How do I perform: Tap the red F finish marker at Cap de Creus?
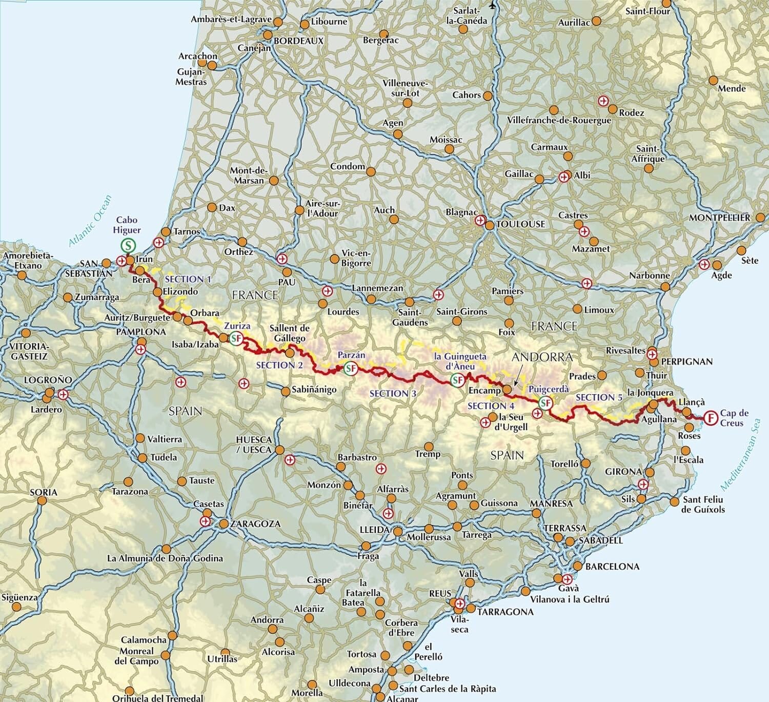pyautogui.click(x=711, y=418)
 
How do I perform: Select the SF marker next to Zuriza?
pyautogui.click(x=236, y=338)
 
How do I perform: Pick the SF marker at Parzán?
pyautogui.click(x=351, y=368)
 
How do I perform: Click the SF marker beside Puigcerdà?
pyautogui.click(x=545, y=403)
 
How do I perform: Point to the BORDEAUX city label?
pyautogui.click(x=299, y=41)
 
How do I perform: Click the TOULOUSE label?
pyautogui.click(x=521, y=224)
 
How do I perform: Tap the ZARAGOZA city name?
pyautogui.click(x=256, y=524)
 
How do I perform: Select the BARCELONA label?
pyautogui.click(x=612, y=567)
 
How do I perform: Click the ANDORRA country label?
pyautogui.click(x=542, y=357)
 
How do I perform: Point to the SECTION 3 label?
pyautogui.click(x=393, y=394)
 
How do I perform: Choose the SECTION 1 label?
pyautogui.click(x=188, y=279)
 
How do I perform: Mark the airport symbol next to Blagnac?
pyautogui.click(x=480, y=221)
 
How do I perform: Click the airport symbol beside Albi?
pyautogui.click(x=564, y=177)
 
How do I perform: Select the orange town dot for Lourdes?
pyautogui.click(x=322, y=304)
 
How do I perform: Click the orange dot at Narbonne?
pyautogui.click(x=665, y=286)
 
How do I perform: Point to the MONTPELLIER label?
pyautogui.click(x=719, y=218)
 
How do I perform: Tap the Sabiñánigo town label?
pyautogui.click(x=314, y=389)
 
